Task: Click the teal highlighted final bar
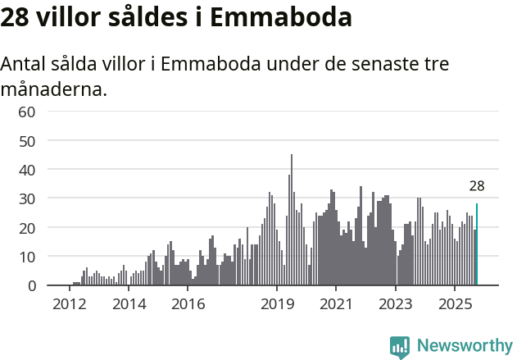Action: (x=477, y=244)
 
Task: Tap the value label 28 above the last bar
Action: (x=477, y=186)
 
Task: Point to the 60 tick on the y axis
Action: (x=27, y=112)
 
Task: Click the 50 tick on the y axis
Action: (x=27, y=140)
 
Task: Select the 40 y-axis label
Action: (x=27, y=170)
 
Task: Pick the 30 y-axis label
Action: (x=27, y=198)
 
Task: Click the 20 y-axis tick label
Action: (x=27, y=227)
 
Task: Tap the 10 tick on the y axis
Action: (x=27, y=257)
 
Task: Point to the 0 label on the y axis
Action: (x=31, y=285)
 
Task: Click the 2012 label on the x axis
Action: (x=69, y=304)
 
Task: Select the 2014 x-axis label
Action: (x=129, y=304)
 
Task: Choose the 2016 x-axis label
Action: (x=188, y=304)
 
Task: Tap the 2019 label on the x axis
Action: (x=277, y=304)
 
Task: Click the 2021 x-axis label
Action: (x=336, y=304)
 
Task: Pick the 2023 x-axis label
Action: (x=396, y=304)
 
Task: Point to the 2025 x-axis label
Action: (x=455, y=304)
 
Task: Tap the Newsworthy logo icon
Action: (x=400, y=346)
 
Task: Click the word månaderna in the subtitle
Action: (x=54, y=89)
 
